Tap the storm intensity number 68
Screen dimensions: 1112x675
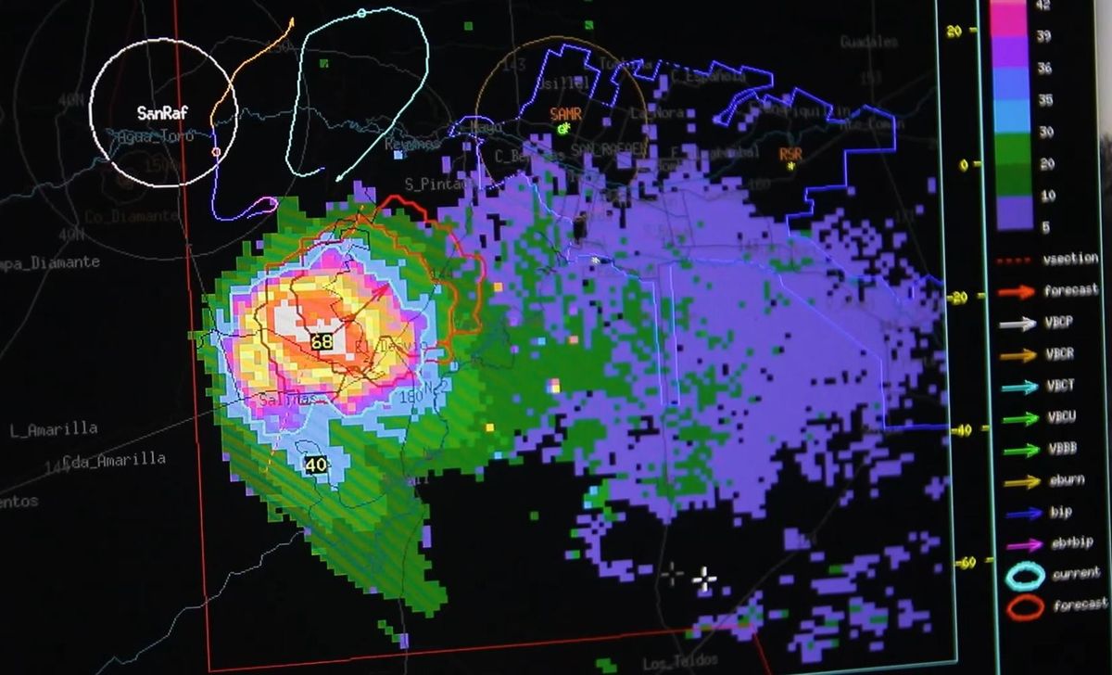pyautogui.click(x=322, y=341)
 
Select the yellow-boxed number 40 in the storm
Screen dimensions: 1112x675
pyautogui.click(x=316, y=465)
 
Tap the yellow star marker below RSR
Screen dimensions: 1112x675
pyautogui.click(x=790, y=167)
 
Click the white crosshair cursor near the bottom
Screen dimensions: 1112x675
pyautogui.click(x=704, y=580)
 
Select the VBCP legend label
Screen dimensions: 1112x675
pyautogui.click(x=1060, y=324)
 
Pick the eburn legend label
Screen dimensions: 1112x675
pyautogui.click(x=1061, y=480)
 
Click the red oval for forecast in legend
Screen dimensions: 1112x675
pyautogui.click(x=1024, y=607)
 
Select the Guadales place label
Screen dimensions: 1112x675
pyautogui.click(x=868, y=42)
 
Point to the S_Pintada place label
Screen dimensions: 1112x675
pyautogui.click(x=437, y=184)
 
